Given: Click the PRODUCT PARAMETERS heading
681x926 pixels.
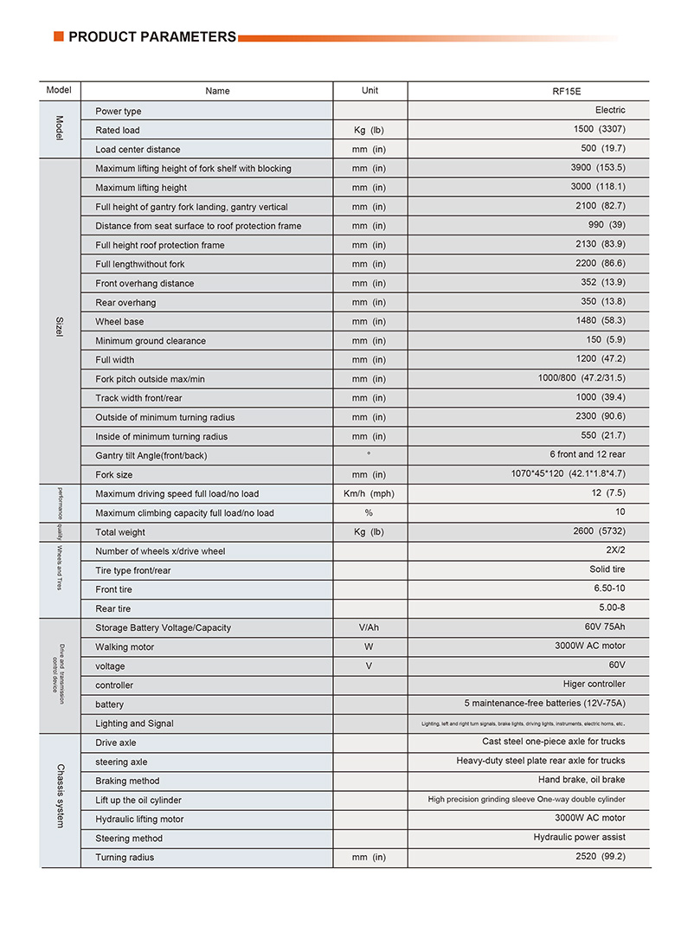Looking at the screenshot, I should point(151,37).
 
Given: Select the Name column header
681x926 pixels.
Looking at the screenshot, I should point(218,91).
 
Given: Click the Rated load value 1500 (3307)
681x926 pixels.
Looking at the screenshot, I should point(599,129).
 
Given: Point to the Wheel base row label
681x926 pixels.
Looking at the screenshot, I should point(119,322).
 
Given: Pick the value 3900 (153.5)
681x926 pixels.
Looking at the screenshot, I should point(597,168).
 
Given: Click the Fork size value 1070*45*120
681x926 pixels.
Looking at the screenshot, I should point(568,474).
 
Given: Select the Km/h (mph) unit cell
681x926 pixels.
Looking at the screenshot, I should point(369,493).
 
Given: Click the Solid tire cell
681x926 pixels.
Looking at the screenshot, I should point(607,569).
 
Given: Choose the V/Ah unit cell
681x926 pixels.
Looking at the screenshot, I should point(369,627).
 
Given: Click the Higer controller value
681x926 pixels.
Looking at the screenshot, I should point(594,685).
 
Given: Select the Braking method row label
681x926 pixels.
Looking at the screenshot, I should point(127,781).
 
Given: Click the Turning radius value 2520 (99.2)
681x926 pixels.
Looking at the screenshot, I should point(599,857).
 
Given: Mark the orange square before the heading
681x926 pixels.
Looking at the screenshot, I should point(58,36).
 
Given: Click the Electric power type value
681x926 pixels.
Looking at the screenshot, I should point(609,110).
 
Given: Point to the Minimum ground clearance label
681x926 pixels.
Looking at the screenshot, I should point(151,341).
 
